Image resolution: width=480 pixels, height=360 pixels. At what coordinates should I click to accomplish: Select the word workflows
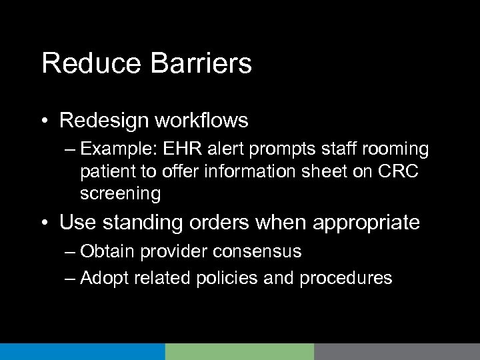coord(205,121)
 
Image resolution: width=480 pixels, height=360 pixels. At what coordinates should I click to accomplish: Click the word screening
coord(119,194)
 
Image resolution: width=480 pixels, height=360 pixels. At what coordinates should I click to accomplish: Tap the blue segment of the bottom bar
coord(82,352)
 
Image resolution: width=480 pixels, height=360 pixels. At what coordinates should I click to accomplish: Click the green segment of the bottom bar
coord(239,352)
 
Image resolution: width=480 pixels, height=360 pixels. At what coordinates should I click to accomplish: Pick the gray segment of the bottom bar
coord(397,352)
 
